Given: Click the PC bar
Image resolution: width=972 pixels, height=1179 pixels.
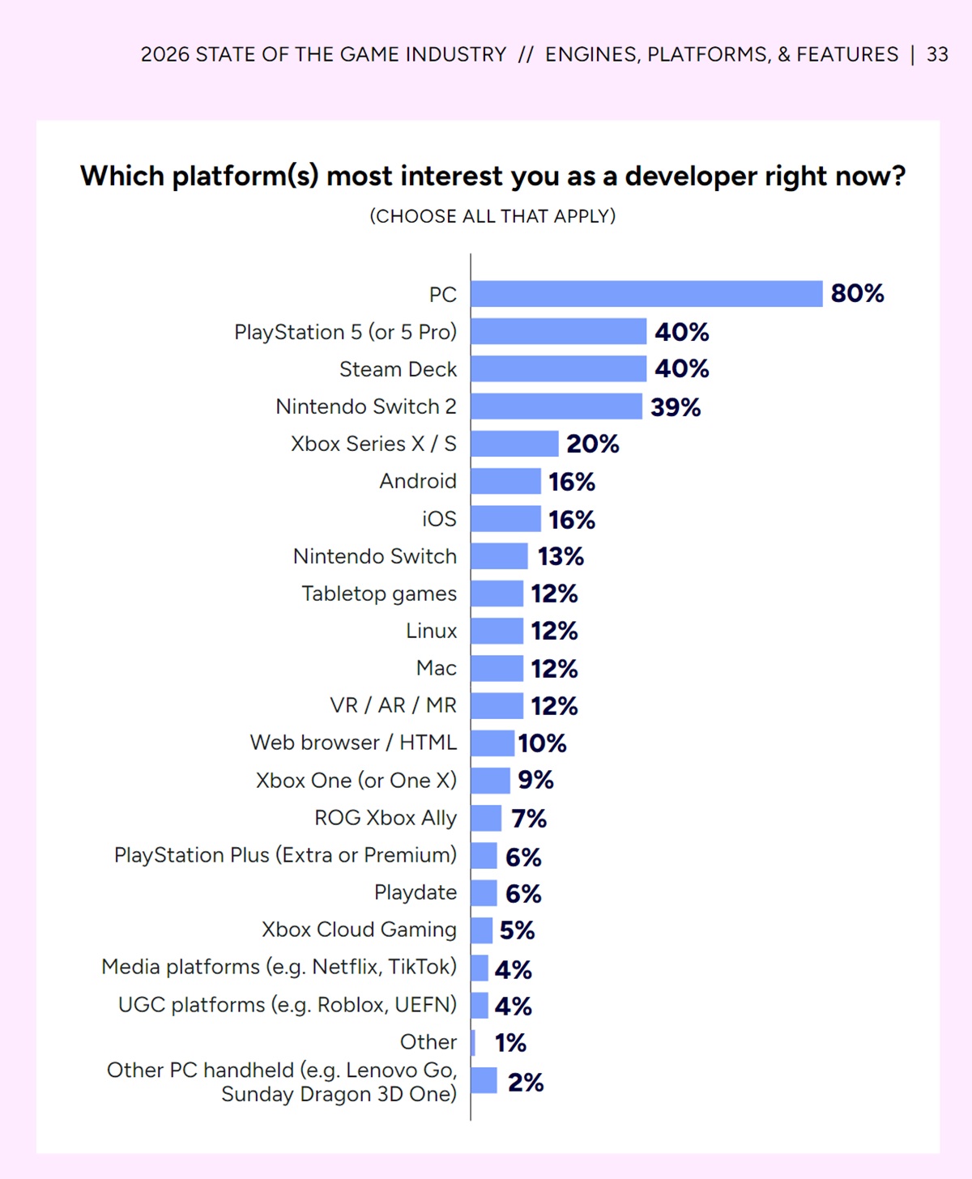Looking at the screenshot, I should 646,294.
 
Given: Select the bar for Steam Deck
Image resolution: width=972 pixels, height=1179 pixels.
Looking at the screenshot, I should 559,368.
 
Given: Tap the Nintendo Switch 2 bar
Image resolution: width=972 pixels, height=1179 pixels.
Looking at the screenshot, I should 556,406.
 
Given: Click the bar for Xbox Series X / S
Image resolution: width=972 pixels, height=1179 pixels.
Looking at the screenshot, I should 514,444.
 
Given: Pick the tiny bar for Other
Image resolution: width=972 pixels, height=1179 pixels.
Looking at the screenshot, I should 473,1042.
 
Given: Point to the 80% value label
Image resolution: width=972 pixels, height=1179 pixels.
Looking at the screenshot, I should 857,293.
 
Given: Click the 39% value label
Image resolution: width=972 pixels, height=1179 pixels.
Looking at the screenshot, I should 676,406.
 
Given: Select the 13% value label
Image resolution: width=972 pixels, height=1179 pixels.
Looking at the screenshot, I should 561,556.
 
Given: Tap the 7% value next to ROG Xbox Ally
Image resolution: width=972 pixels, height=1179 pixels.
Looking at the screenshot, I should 529,819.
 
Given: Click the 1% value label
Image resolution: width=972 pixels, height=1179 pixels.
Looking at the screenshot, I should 510,1043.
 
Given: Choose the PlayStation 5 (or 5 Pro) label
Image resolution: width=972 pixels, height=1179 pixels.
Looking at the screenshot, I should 345,332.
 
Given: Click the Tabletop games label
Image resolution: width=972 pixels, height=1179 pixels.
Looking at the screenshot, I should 379,594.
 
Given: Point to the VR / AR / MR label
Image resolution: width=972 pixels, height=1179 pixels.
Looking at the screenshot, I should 393,705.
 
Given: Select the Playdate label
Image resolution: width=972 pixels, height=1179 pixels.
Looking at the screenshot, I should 416,892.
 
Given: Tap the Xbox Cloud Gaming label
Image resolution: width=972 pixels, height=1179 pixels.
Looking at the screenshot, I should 359,930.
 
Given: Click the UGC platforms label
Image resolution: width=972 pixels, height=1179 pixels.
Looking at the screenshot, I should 288,1005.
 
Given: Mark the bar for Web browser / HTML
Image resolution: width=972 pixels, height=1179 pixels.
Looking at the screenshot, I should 492,743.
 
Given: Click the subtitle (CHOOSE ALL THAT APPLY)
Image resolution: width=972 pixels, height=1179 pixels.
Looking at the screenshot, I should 492,216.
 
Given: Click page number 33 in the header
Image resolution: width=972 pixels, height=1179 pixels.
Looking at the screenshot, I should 937,54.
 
